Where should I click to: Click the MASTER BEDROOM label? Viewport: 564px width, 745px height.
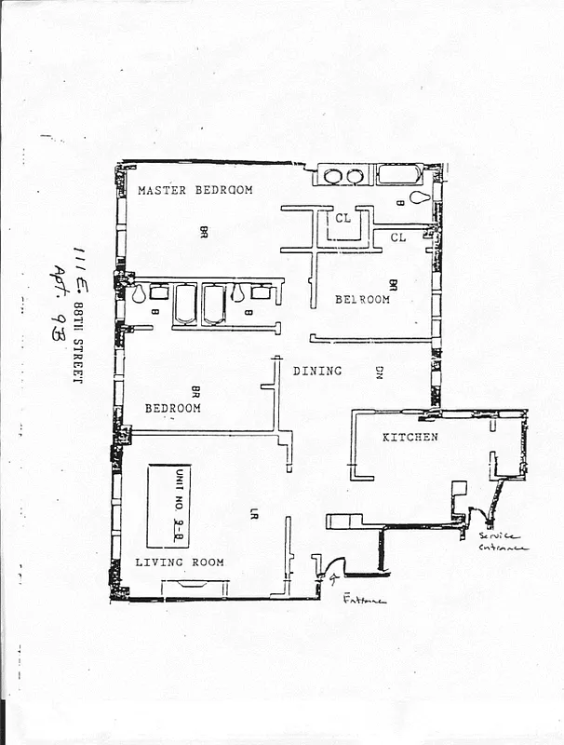(195, 190)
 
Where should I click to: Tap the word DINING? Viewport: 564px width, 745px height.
(317, 371)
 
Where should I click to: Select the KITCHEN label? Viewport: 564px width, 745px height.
(410, 437)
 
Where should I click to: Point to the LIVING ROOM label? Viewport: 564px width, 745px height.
(180, 562)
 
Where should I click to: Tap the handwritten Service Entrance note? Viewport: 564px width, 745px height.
(504, 542)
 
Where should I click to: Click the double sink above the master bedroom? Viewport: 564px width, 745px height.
(344, 176)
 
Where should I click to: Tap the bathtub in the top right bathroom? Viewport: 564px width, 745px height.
(400, 175)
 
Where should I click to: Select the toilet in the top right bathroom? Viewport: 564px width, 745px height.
(421, 198)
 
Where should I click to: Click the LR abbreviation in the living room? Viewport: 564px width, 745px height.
(253, 512)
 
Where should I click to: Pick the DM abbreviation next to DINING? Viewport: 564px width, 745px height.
(380, 372)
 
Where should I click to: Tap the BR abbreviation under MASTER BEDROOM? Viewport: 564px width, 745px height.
(203, 231)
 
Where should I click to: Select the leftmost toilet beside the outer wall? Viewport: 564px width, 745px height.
(139, 294)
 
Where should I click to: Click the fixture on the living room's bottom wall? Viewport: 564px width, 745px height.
(195, 586)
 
